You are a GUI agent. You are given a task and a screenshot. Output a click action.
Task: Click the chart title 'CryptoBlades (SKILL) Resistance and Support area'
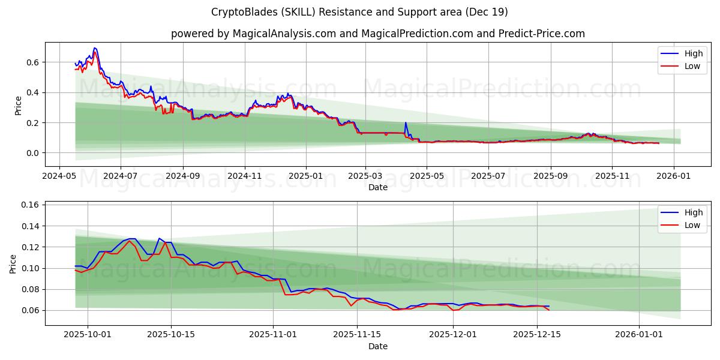[360, 12]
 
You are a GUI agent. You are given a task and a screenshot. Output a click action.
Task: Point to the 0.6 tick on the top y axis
[32, 62]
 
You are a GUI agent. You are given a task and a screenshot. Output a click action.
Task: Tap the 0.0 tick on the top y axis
[32, 153]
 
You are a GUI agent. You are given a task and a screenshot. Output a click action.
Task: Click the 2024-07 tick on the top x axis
[120, 177]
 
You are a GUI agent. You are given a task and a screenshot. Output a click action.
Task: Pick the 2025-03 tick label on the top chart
[365, 177]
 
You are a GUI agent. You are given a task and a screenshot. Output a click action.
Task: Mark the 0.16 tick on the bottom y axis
[30, 205]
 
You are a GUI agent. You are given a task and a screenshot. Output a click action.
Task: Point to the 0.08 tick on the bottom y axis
[30, 289]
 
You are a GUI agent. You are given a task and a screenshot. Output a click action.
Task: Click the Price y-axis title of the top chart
[18, 105]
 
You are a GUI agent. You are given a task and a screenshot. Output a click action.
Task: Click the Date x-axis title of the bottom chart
[378, 346]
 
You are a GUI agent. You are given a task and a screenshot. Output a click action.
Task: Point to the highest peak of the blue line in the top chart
[94, 48]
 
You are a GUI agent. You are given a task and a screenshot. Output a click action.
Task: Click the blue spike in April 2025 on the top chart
[406, 123]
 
